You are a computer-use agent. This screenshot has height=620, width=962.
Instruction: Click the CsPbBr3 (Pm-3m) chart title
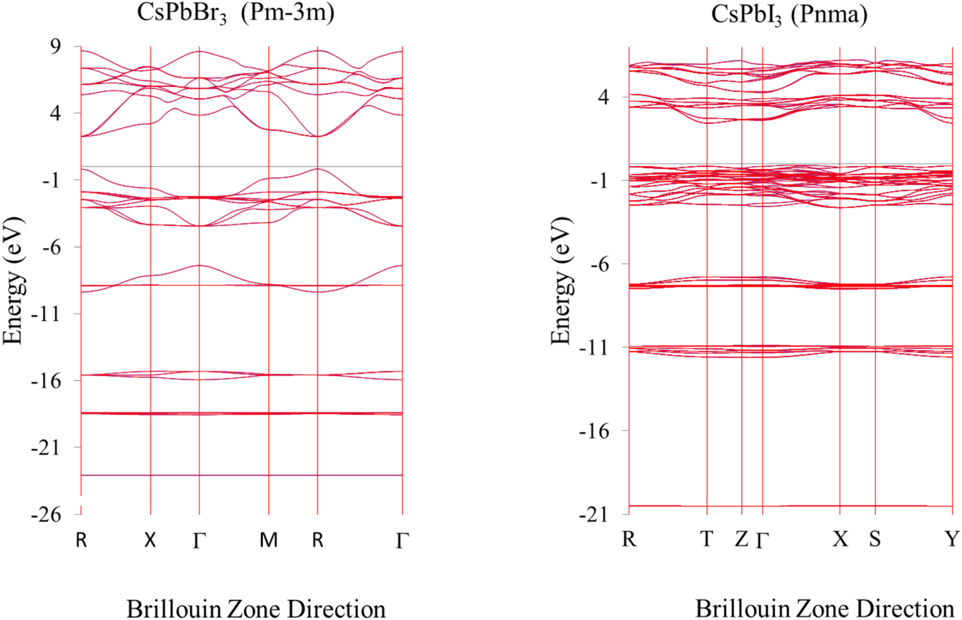click(x=235, y=12)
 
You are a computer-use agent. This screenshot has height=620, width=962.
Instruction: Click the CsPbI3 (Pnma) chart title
click(x=789, y=14)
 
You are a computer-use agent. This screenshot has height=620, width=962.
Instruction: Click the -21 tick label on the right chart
click(x=594, y=514)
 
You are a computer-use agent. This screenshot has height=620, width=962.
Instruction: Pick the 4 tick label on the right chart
click(x=604, y=97)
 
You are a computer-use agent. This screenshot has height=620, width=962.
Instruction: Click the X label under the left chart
click(x=150, y=540)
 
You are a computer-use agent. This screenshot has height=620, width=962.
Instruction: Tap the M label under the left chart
click(x=268, y=540)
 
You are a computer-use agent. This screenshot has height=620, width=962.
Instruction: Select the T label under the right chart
click(x=706, y=539)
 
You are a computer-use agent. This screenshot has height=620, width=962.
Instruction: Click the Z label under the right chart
click(x=741, y=539)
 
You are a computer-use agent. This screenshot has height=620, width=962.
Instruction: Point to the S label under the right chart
click(x=874, y=539)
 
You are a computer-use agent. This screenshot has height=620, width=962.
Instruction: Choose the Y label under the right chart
click(x=951, y=539)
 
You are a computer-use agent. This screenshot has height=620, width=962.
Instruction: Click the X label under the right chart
click(x=840, y=539)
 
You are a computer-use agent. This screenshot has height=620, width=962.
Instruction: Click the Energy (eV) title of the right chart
click(x=560, y=281)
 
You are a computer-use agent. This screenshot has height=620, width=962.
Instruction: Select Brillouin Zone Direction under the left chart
click(x=256, y=609)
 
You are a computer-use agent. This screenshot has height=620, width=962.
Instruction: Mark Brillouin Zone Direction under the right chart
click(x=824, y=608)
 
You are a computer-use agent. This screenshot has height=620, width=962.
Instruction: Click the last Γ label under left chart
click(x=401, y=540)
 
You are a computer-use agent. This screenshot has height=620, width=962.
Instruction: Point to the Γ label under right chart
click(x=762, y=540)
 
